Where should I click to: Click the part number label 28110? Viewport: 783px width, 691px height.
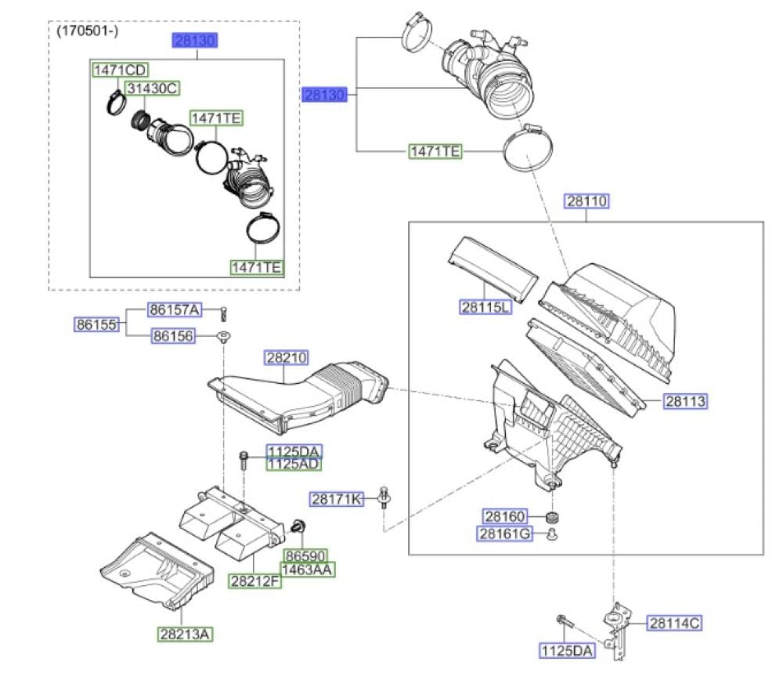(x=586, y=201)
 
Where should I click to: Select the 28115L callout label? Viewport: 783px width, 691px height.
(x=485, y=307)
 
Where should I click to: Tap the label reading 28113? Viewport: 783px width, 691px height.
(x=685, y=400)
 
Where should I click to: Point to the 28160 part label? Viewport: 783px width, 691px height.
(x=505, y=516)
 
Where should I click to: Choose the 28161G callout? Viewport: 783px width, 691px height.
(x=504, y=534)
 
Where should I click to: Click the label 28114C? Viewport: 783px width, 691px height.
(x=674, y=623)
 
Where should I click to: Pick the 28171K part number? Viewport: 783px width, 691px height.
(x=337, y=498)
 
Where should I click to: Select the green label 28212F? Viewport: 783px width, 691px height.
(x=254, y=581)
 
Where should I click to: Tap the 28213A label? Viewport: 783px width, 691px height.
(x=185, y=634)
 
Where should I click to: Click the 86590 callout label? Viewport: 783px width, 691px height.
(x=305, y=555)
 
